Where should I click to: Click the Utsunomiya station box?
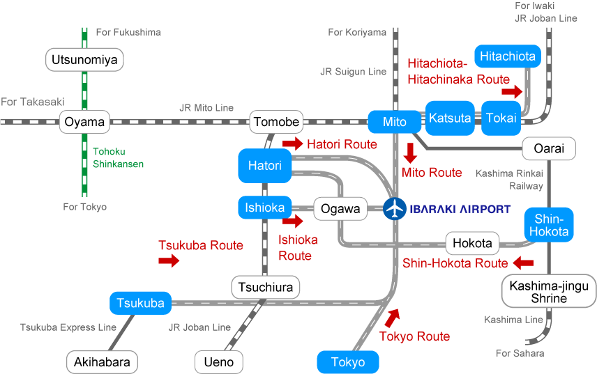[x=84, y=60]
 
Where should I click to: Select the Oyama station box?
[x=84, y=122]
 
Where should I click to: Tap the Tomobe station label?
[x=276, y=122]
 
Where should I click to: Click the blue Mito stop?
[x=395, y=122]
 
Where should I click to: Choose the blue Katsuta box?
[x=450, y=118]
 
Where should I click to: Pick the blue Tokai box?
[x=501, y=118]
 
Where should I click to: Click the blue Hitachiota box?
[x=508, y=56]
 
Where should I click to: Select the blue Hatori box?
[x=265, y=166]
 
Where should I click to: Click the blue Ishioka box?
[x=265, y=208]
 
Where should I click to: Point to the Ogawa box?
[x=340, y=208]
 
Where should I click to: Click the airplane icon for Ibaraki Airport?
[x=395, y=208]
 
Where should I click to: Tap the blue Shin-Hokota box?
[x=549, y=225]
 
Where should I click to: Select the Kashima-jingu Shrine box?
[x=549, y=292]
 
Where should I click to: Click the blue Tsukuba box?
[x=140, y=303]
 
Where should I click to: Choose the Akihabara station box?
[x=102, y=362]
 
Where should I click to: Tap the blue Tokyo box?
[x=348, y=362]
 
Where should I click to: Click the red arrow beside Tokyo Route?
[x=393, y=318]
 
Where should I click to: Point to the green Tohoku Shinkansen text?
[x=118, y=157]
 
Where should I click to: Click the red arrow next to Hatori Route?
[x=294, y=144]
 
